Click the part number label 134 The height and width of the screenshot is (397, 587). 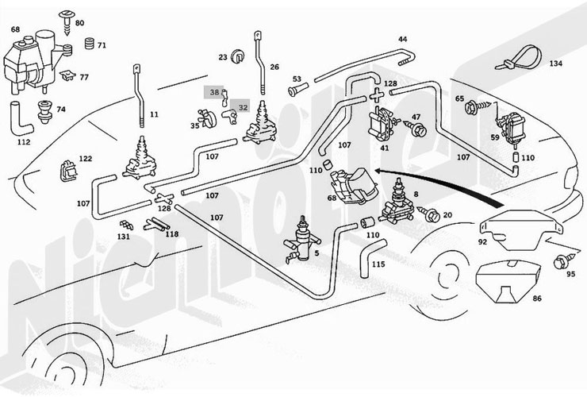click(x=555, y=64)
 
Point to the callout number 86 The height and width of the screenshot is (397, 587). click(x=536, y=300)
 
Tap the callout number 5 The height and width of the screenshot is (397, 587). click(x=317, y=255)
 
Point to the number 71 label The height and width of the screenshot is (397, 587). click(x=102, y=45)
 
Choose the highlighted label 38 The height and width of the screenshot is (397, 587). click(x=213, y=92)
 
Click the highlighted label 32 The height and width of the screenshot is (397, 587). click(x=243, y=106)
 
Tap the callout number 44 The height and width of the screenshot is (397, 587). click(x=403, y=39)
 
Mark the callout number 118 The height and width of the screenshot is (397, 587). click(x=171, y=235)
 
